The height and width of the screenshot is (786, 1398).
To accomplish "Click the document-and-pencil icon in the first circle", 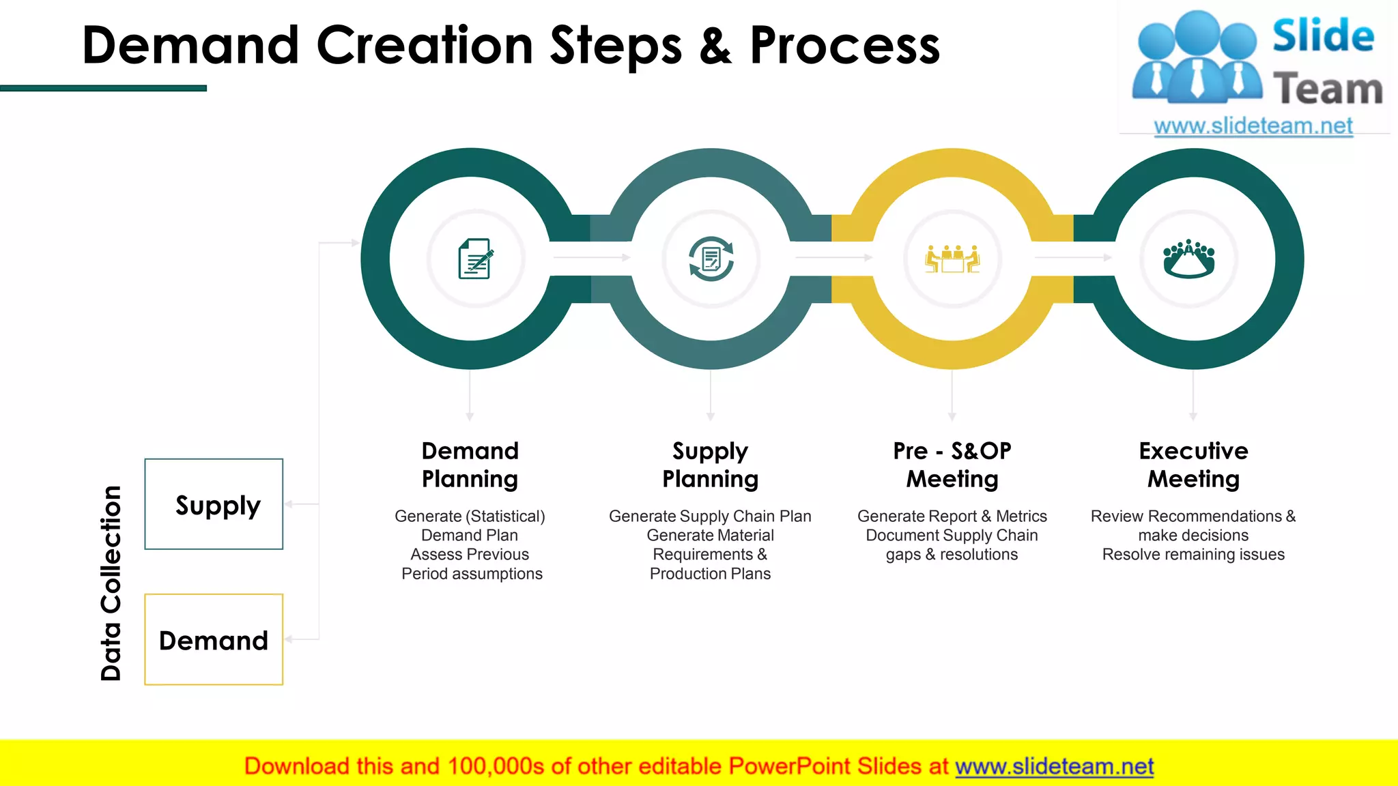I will pos(475,259).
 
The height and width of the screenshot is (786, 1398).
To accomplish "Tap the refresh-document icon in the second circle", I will pos(711,259).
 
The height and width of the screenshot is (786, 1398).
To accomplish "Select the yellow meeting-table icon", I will pos(952,259).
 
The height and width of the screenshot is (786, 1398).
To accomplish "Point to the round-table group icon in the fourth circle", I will pos(1189,259).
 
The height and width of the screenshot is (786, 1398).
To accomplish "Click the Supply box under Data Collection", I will pos(214,504).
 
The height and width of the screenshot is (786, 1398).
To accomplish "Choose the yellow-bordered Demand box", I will pos(214,639).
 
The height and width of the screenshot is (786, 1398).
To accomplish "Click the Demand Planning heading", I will pos(470,465).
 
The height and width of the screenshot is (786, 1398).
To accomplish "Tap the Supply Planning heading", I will pos(710,465).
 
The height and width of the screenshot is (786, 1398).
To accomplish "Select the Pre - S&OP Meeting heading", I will pos(952,465).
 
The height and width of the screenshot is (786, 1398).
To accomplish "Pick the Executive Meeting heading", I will pos(1193,465).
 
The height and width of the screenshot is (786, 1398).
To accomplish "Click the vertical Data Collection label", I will pos(111,583).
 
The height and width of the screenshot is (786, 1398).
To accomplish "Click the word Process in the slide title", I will pos(844,46).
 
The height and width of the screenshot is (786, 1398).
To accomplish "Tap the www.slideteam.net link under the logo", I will pos(1253,126).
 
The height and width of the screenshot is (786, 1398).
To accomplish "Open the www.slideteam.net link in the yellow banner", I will pos(1054,766).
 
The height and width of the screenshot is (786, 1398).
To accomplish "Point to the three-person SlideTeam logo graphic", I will pos(1196,58).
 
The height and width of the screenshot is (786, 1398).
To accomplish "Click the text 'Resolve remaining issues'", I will pos(1193,555).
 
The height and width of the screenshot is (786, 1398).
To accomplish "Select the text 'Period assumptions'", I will pos(472,574).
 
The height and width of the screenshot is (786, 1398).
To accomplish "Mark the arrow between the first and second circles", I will pos(591,257).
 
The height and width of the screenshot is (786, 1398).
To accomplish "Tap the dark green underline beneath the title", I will pos(103,88).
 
